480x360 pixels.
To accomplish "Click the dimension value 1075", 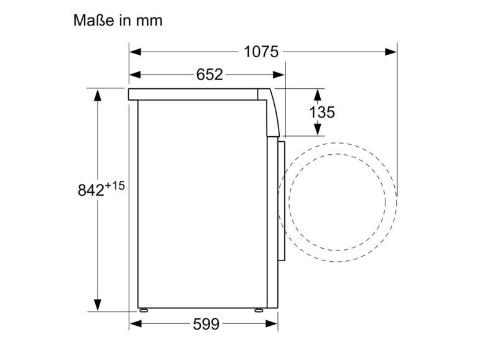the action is point(261,52).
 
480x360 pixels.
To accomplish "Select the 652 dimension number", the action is point(210,75).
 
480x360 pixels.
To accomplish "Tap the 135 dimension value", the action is point(322,112).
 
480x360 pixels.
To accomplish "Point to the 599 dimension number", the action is point(206,324).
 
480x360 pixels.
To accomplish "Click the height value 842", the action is point(91,190).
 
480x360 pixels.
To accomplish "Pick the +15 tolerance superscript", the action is point(115,185).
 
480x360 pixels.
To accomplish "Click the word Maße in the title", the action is point(93,20).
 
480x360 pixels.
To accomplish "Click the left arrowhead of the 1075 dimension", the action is point(136,52).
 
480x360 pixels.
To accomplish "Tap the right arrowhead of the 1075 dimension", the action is point(390,52).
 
